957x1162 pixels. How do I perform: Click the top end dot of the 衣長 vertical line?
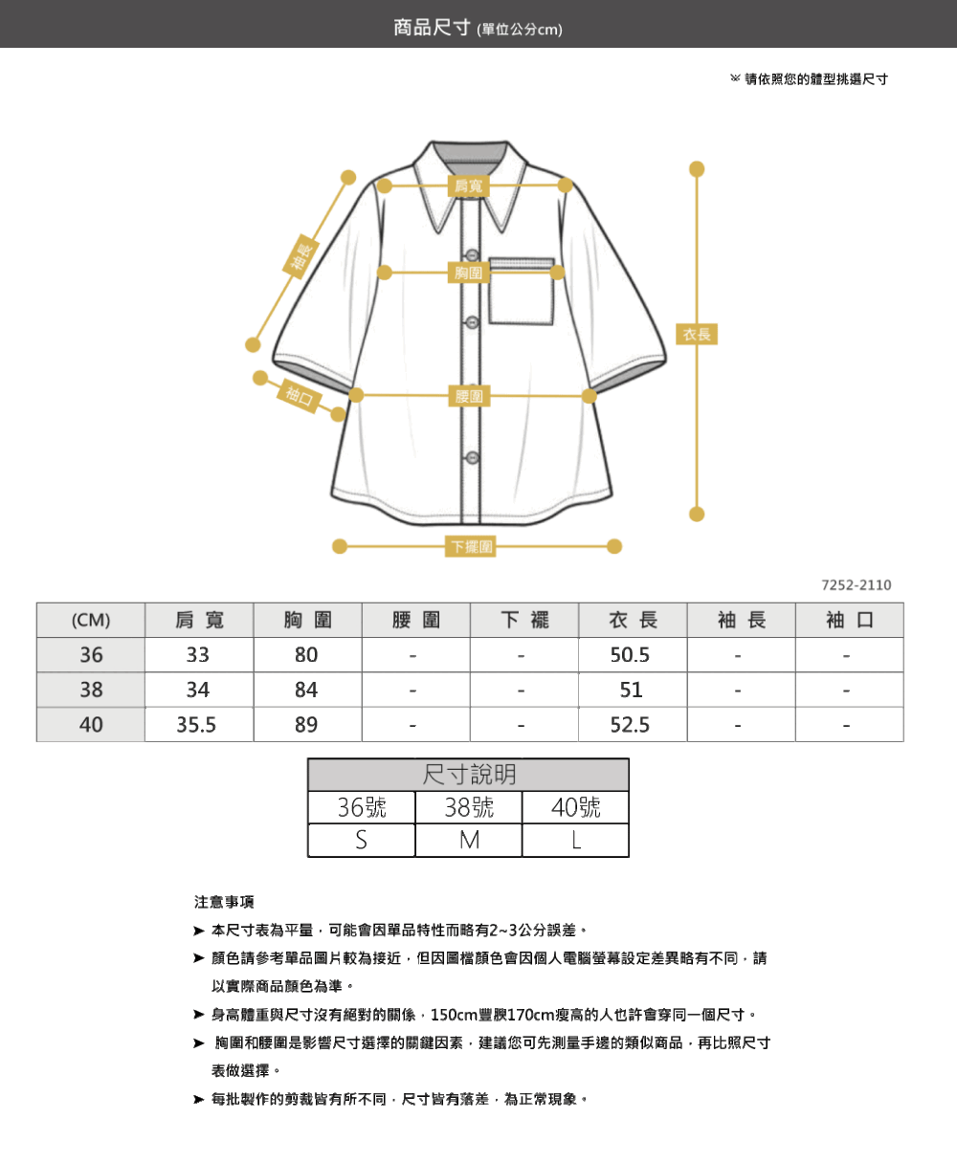coord(697,168)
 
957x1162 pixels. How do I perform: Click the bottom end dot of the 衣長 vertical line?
coord(697,515)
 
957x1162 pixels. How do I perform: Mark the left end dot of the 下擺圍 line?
coord(340,546)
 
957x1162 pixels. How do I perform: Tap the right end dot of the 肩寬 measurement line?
coord(565,186)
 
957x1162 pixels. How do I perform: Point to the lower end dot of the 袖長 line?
coord(253,345)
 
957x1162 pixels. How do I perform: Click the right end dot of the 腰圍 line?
coord(590,396)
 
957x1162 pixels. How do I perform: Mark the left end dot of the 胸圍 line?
coord(384,273)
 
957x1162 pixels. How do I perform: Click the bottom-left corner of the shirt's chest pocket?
coord(490,323)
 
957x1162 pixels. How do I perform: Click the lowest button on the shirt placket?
coord(472,457)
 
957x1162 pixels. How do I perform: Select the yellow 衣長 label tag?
coord(697,334)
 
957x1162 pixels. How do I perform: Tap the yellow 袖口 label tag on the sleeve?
coord(300,396)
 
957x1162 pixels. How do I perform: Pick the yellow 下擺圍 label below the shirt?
coord(470,546)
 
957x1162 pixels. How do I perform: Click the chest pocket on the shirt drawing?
coord(521,291)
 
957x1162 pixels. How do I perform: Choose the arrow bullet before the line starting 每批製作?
coord(199,1100)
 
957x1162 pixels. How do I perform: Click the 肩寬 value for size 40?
coord(196,725)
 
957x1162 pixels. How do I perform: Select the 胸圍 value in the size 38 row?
coord(306,690)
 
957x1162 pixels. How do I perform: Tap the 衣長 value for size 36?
coord(630,654)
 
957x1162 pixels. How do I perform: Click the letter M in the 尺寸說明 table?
coord(469,841)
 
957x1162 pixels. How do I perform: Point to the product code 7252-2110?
coord(857,584)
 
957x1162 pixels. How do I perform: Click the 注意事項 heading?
coord(224,902)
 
